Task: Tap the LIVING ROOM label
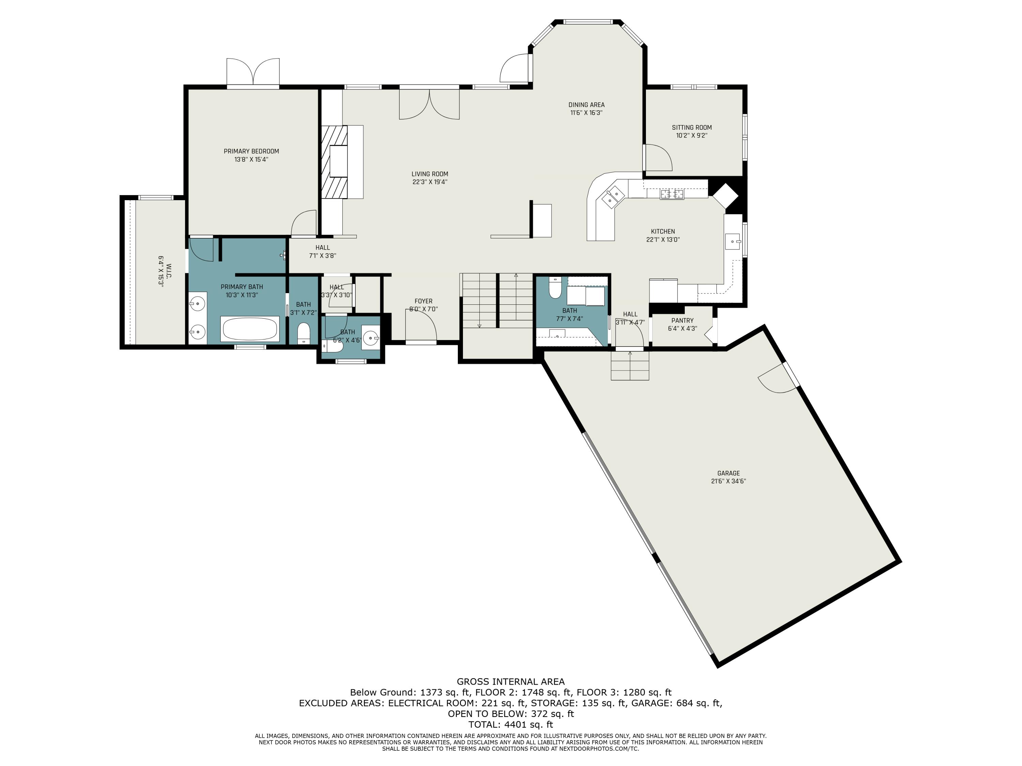pyautogui.click(x=430, y=174)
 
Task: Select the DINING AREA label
pyautogui.click(x=586, y=105)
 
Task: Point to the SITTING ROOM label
pyautogui.click(x=692, y=127)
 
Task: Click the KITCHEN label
pyautogui.click(x=663, y=231)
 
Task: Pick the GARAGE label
pyautogui.click(x=729, y=473)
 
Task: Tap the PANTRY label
pyautogui.click(x=682, y=320)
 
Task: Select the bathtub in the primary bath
pyautogui.click(x=250, y=329)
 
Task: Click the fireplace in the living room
pyautogui.click(x=335, y=162)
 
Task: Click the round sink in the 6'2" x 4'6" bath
pyautogui.click(x=371, y=337)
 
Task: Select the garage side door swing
pyautogui.click(x=778, y=379)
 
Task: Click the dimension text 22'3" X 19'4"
pyautogui.click(x=430, y=182)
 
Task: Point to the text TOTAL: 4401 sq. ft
pyautogui.click(x=511, y=724)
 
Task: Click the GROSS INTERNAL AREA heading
pyautogui.click(x=511, y=682)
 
